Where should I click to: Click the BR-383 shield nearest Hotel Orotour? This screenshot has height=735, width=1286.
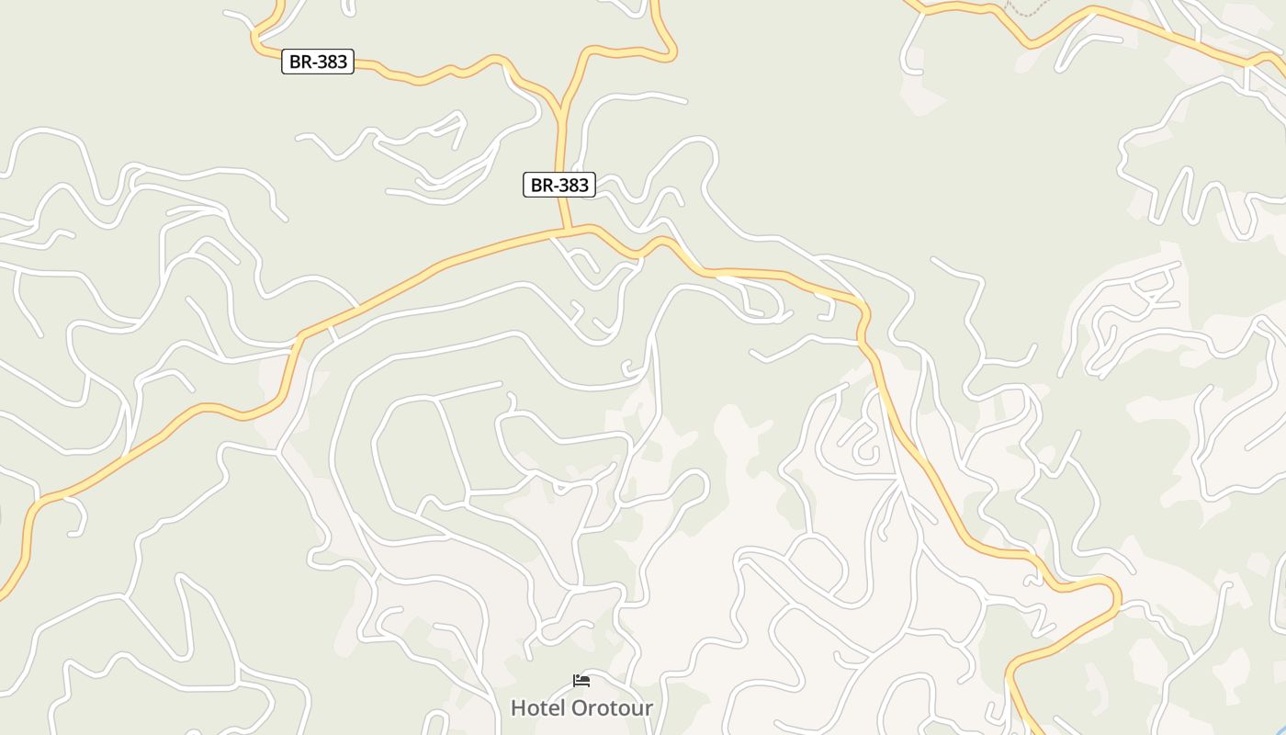click(x=559, y=185)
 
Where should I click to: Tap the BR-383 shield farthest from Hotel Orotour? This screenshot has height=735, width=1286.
click(x=318, y=62)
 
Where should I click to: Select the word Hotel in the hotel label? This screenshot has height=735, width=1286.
click(x=538, y=708)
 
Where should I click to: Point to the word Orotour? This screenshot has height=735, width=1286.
click(x=613, y=708)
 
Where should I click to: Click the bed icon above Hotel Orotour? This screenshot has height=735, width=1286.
click(x=581, y=681)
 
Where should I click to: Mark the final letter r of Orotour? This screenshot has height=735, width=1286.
click(x=649, y=708)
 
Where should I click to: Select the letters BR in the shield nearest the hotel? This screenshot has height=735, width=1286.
click(x=541, y=185)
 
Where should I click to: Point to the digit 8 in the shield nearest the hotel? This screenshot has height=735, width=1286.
click(x=572, y=185)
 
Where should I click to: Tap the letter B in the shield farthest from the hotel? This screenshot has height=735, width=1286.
click(x=295, y=62)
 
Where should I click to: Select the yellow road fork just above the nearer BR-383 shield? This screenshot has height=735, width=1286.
click(x=559, y=116)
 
